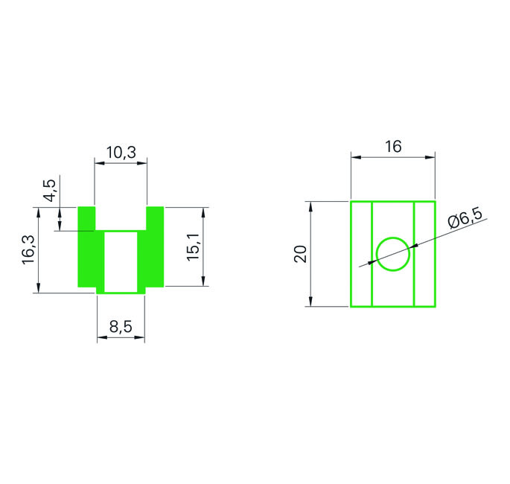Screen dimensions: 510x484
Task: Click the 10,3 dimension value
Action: click(121, 152)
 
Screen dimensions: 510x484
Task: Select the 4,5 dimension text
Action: click(51, 191)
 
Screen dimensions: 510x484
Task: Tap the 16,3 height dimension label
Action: click(28, 249)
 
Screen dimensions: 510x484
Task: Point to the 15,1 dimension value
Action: click(193, 247)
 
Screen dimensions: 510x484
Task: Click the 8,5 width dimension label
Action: click(121, 327)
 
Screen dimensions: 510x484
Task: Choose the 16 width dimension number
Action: click(393, 147)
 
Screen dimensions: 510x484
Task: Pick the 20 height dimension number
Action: click(300, 254)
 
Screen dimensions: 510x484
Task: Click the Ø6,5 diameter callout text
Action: click(465, 218)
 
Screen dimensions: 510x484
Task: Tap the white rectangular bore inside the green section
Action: click(121, 262)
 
